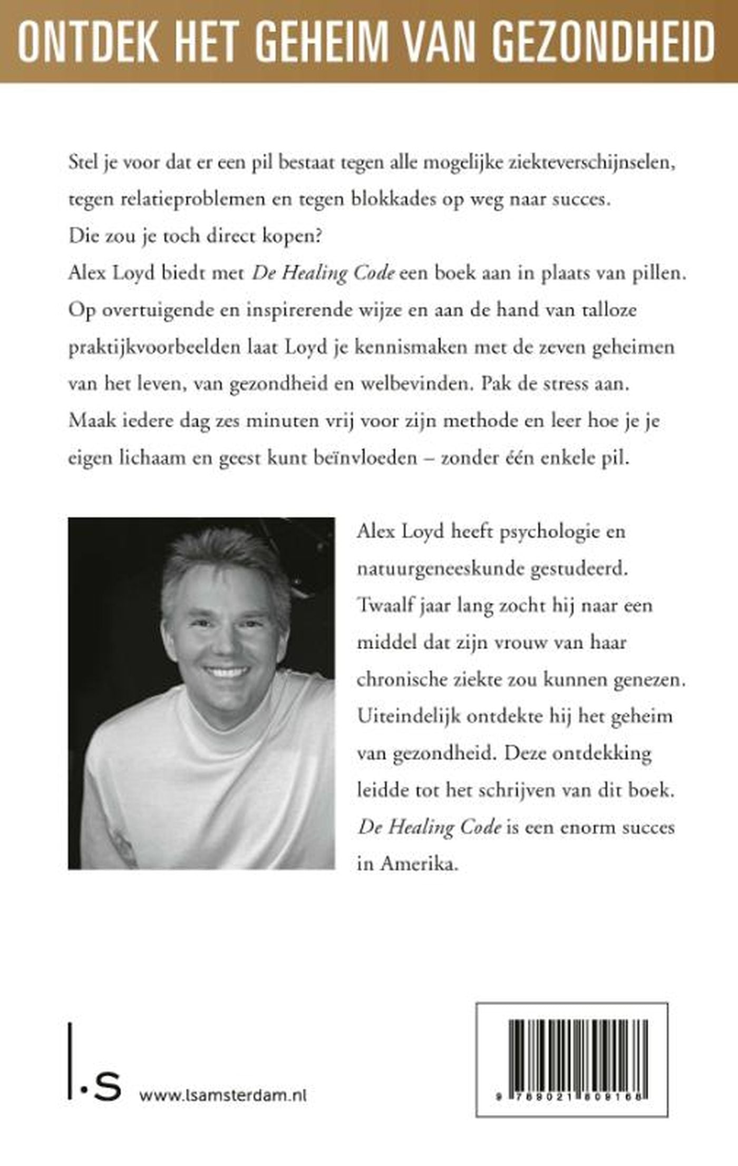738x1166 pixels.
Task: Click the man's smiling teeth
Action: click(227, 672)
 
